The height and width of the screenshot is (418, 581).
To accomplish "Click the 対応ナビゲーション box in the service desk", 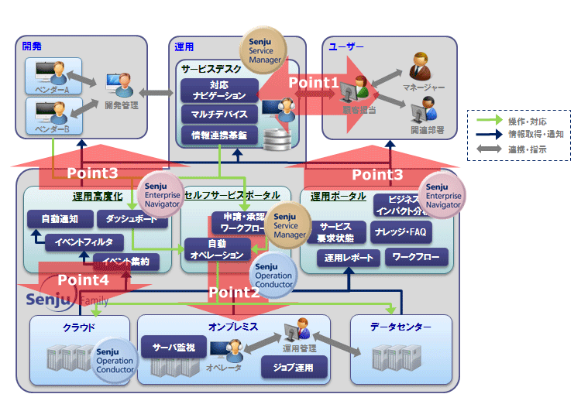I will pyautogui.click(x=218, y=90).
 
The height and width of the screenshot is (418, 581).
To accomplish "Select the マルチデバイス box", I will pyautogui.click(x=218, y=115).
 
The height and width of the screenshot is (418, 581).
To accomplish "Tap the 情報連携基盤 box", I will pyautogui.click(x=218, y=135).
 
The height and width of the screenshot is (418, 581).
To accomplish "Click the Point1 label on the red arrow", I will pyautogui.click(x=313, y=81).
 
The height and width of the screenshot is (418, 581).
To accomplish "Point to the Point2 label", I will pyautogui.click(x=233, y=293).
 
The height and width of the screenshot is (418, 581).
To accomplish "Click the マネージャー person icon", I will pyautogui.click(x=421, y=64).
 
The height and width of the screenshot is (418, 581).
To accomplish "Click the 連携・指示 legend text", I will pyautogui.click(x=528, y=149).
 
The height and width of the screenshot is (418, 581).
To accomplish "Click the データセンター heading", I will pyautogui.click(x=400, y=327).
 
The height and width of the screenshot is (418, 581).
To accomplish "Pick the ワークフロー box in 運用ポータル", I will pyautogui.click(x=417, y=255).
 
